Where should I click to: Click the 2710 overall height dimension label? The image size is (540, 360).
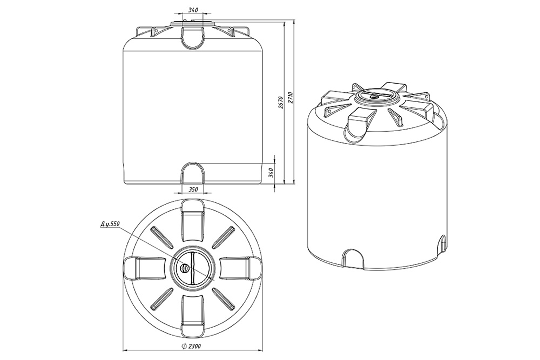[x=290, y=99]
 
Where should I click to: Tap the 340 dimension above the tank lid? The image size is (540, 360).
[x=193, y=10]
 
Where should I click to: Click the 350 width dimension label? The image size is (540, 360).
[x=193, y=189]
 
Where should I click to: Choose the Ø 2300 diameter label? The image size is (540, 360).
[x=192, y=346]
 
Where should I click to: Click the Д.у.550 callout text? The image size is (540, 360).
[x=110, y=223]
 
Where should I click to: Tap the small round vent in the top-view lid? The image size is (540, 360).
[x=185, y=267]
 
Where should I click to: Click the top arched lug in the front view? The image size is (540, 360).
[x=193, y=38]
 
